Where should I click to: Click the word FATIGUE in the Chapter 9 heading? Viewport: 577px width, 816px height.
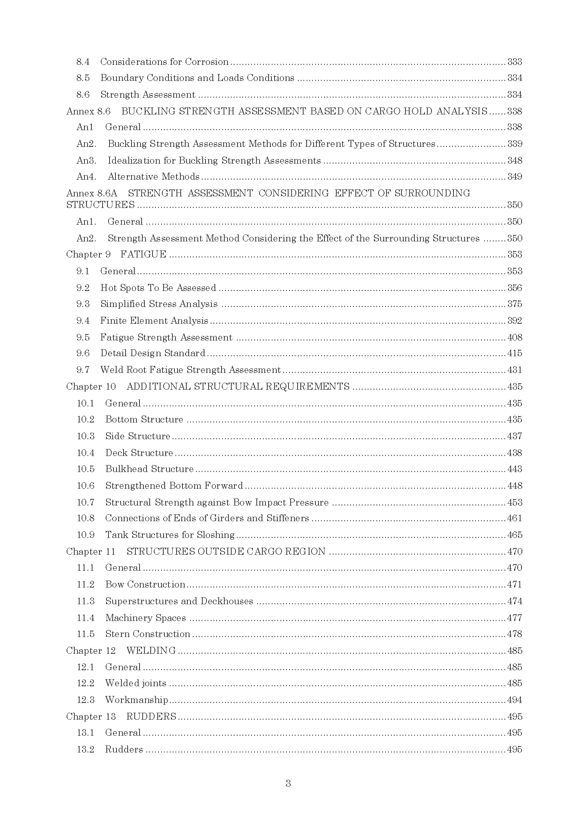tap(143, 254)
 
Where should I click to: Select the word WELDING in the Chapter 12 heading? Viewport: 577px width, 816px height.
tap(151, 650)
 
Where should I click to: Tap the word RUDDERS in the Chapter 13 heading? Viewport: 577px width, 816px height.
tap(151, 717)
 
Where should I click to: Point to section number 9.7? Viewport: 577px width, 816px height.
tap(83, 370)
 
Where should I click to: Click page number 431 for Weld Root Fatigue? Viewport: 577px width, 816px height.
tap(515, 370)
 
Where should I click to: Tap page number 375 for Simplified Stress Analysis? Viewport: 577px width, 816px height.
tap(515, 304)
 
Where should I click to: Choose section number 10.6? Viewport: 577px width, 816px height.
tap(85, 486)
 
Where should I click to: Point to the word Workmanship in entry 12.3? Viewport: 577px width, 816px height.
tap(136, 700)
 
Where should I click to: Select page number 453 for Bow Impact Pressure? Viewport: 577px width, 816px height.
tap(515, 502)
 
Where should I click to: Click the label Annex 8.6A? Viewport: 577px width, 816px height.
tap(92, 193)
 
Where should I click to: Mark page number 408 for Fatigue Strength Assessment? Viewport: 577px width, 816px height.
tap(515, 337)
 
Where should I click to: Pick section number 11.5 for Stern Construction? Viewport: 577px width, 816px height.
tap(85, 634)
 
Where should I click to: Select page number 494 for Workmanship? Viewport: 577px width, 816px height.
tap(515, 700)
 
